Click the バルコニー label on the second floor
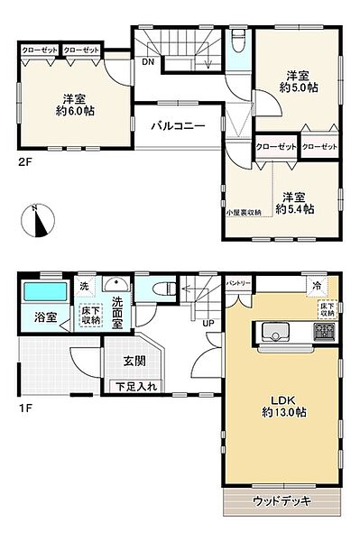pyautogui.click(x=178, y=126)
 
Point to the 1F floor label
pyautogui.click(x=25, y=407)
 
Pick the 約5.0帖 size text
pyautogui.click(x=299, y=89)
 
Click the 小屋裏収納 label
pyautogui.click(x=244, y=212)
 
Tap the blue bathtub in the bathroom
pyautogui.click(x=44, y=294)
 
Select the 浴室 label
pyautogui.click(x=46, y=318)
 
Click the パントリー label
pyautogui.click(x=239, y=281)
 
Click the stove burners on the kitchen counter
pyautogui.click(x=323, y=334)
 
